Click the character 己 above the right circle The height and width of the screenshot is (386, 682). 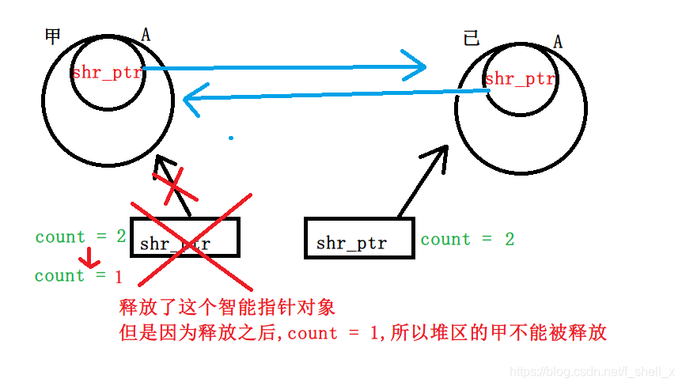(472, 39)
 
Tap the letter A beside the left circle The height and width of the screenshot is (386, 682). (146, 34)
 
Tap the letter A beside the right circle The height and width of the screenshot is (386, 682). (558, 41)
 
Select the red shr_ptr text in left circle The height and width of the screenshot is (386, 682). (107, 73)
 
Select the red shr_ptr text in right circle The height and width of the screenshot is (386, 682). (520, 78)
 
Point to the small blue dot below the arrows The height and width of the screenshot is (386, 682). (231, 138)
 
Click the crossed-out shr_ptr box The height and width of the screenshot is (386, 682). (184, 237)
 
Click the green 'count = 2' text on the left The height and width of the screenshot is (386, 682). (80, 237)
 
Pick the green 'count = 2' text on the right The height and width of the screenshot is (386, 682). (467, 239)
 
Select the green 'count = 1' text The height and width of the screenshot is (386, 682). (78, 275)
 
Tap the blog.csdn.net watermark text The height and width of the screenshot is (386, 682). (590, 371)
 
